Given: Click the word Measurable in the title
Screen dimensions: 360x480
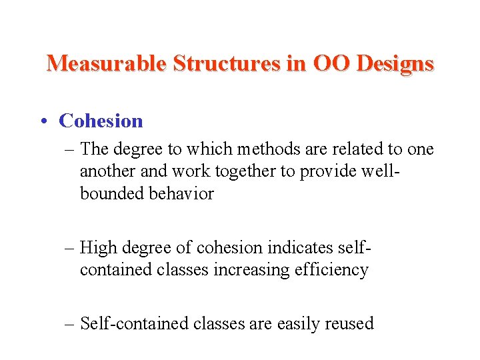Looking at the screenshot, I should (x=107, y=63).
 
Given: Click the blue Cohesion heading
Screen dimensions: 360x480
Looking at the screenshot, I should (x=101, y=121).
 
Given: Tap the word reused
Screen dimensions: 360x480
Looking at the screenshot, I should (x=349, y=323).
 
